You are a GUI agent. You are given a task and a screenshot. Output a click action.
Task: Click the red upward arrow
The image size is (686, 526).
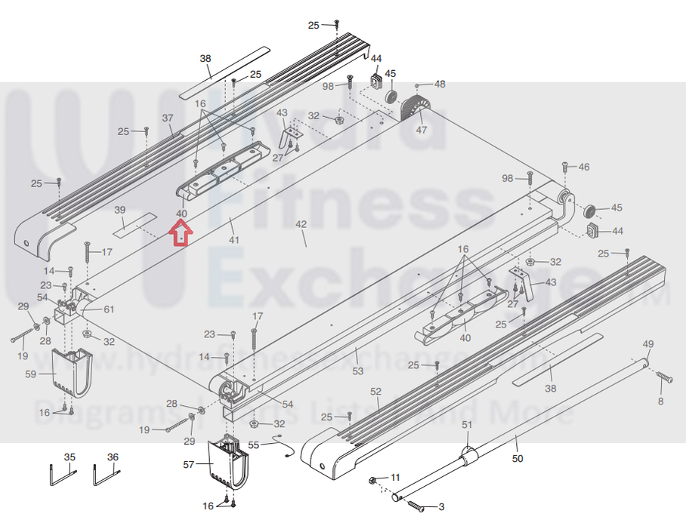tap(181, 235)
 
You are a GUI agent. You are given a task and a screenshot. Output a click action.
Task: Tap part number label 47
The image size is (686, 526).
tap(422, 130)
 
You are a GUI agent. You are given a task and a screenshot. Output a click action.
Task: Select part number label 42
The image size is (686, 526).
tap(301, 224)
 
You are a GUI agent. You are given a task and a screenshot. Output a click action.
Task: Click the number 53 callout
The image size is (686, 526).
tap(358, 371)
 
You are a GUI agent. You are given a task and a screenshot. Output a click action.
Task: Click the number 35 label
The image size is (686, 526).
tap(70, 457)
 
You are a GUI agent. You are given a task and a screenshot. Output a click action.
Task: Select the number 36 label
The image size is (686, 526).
tap(113, 457)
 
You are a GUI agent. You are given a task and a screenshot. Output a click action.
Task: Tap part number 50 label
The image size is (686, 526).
tap(518, 457)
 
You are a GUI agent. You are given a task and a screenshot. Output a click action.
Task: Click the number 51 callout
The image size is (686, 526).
tap(467, 425)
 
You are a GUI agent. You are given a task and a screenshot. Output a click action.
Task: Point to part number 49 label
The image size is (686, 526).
tap(647, 344)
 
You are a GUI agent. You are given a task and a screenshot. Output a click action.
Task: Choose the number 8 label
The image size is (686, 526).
tap(660, 401)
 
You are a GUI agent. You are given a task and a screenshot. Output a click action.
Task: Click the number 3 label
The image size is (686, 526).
tap(441, 508)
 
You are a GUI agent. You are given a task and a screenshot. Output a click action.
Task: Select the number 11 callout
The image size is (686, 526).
tap(396, 478)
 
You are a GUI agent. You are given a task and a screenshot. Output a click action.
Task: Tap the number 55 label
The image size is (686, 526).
tap(254, 445)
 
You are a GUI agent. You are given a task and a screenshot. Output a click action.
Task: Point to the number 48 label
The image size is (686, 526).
tap(440, 84)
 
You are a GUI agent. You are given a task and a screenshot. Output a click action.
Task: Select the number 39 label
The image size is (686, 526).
tap(119, 209)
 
